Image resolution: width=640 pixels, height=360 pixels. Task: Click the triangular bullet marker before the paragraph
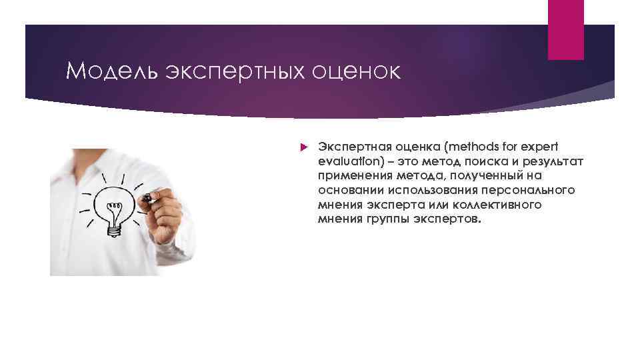pos(301,146)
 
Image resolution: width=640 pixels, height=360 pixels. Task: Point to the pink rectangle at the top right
pos(565,29)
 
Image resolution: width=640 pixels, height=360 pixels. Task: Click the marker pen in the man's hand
pos(149,198)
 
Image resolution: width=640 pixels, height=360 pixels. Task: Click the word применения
pos(353,175)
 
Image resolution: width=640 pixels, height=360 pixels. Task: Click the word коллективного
pos(501,205)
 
